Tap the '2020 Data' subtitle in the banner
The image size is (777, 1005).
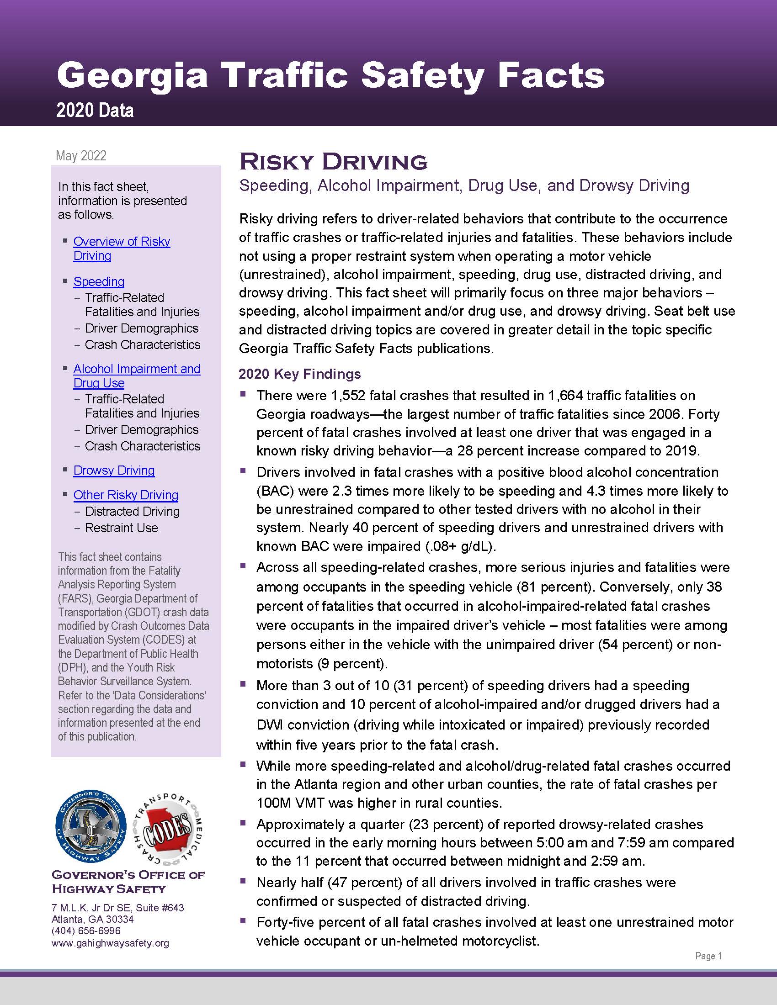click(95, 111)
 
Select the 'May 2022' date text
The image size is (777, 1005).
click(81, 155)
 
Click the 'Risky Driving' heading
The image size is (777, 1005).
click(333, 162)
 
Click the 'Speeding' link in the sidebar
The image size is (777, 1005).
click(99, 281)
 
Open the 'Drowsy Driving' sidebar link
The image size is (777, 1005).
click(114, 470)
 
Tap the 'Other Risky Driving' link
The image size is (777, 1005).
click(126, 495)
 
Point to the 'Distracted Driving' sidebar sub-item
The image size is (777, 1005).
click(132, 511)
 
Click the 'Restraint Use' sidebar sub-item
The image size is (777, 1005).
click(121, 528)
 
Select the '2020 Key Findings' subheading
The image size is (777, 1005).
click(300, 374)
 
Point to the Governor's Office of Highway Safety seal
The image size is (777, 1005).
click(90, 826)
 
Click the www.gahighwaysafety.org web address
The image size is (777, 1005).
click(111, 943)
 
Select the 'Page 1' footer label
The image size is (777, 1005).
click(708, 956)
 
